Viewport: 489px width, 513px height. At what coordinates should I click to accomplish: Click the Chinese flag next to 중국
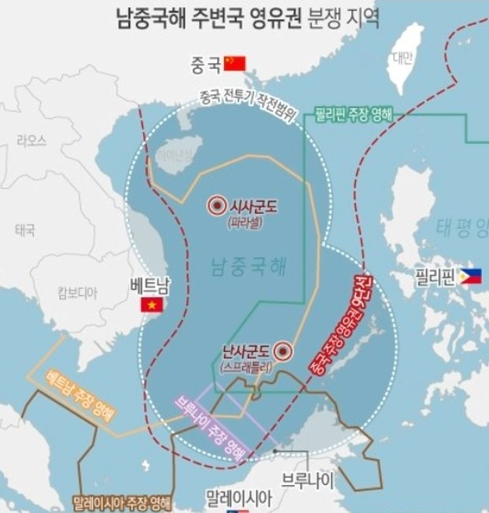point(233,63)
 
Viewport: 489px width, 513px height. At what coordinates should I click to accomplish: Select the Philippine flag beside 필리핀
point(470,276)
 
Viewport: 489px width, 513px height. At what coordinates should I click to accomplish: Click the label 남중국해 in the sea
point(248,269)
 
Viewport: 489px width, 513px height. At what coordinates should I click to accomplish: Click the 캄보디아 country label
point(77,292)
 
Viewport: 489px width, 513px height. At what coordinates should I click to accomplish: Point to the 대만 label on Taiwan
point(402,57)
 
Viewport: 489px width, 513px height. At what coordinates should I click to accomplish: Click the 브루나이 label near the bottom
point(308,480)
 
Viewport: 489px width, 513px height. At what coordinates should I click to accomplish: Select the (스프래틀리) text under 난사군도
point(246,365)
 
